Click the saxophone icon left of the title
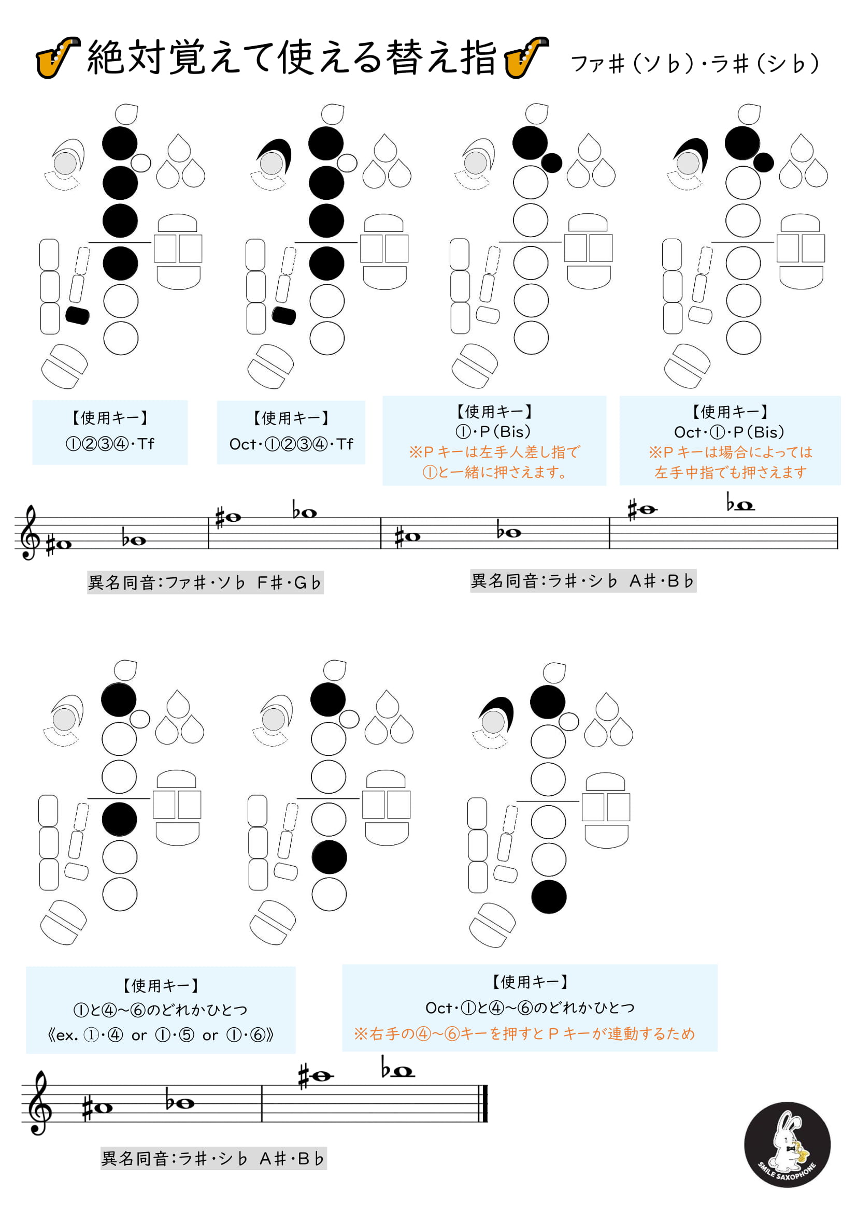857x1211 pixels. point(58,57)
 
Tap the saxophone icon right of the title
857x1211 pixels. point(526,57)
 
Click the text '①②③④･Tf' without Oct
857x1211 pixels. point(110,444)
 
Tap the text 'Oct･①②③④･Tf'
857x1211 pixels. point(291,444)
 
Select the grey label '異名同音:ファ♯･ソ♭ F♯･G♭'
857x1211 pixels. point(205,582)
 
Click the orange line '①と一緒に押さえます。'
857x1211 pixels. point(494,472)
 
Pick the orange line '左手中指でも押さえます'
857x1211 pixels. point(731,472)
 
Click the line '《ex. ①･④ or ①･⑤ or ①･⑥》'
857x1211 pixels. point(161,1035)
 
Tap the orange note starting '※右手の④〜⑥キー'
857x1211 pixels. point(524,1033)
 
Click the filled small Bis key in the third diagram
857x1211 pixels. point(551,163)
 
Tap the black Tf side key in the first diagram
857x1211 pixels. point(78,315)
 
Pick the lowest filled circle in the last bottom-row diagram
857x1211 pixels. point(549,897)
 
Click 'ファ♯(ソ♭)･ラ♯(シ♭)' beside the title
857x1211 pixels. point(695,63)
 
